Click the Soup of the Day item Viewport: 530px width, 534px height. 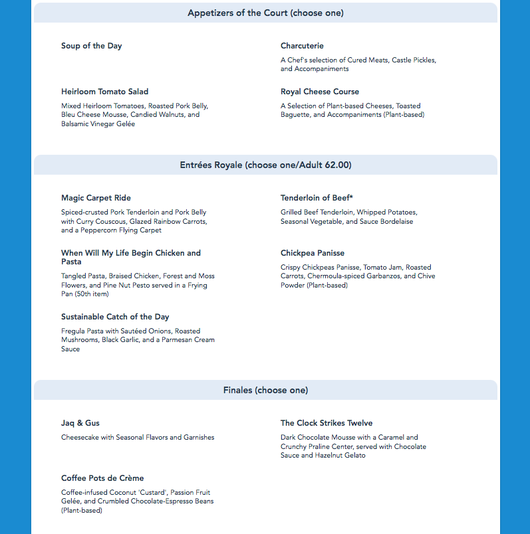(x=91, y=46)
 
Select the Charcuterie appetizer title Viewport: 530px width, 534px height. (x=302, y=46)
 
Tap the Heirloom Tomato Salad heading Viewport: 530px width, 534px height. (x=104, y=92)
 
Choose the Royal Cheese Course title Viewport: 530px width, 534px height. (x=319, y=92)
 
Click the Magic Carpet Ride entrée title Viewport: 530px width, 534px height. (x=96, y=198)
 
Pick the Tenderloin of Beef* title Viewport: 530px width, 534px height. (x=317, y=198)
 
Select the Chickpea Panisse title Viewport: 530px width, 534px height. (x=312, y=253)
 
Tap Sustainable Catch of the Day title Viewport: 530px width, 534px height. (x=115, y=317)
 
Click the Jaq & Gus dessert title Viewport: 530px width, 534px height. (x=80, y=423)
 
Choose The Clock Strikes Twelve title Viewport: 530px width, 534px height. (x=326, y=423)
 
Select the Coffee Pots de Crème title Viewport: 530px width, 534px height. (x=102, y=478)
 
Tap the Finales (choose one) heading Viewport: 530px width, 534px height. (x=265, y=390)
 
